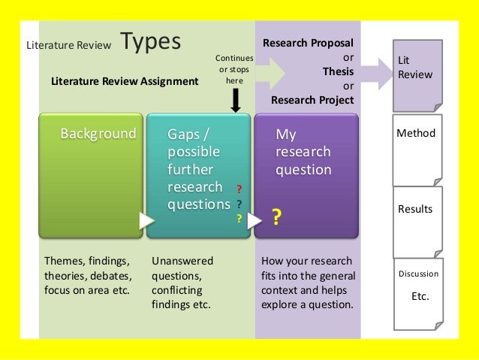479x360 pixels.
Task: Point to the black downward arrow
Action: [x=235, y=100]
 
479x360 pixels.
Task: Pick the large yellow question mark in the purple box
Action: [x=276, y=218]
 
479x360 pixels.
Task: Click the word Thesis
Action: [x=338, y=72]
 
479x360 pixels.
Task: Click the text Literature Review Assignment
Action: [x=119, y=81]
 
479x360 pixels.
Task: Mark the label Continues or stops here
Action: [x=234, y=69]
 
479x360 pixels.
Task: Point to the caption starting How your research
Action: [x=306, y=283]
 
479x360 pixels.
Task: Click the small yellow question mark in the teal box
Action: [x=239, y=219]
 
